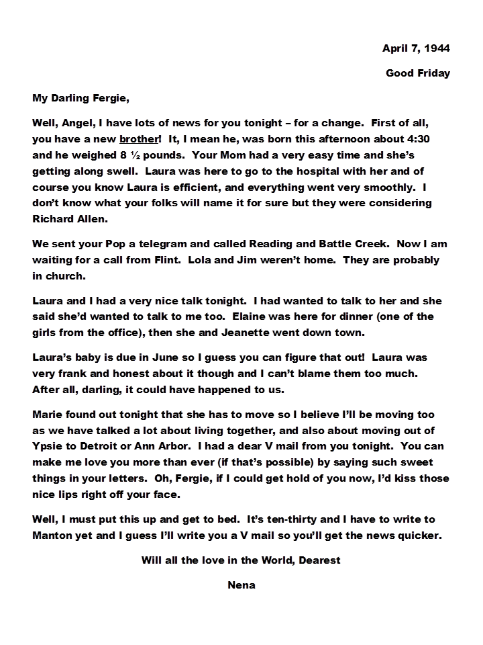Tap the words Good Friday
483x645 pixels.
[x=417, y=73]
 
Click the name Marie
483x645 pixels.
[x=48, y=415]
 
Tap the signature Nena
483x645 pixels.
[x=241, y=585]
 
